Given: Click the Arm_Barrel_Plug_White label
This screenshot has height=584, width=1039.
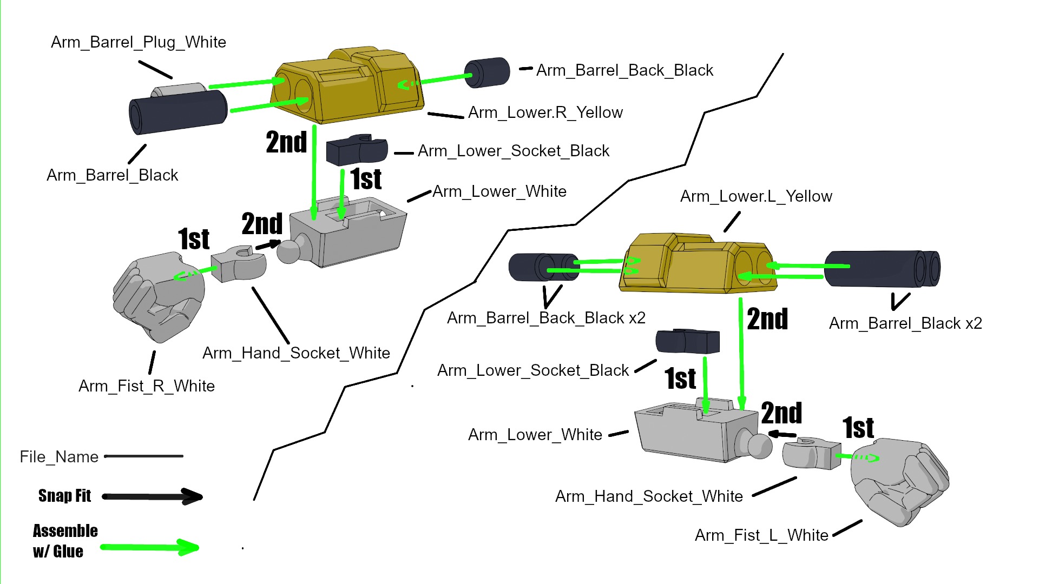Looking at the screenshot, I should click(138, 42).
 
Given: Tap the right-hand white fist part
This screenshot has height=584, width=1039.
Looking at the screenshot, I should click(159, 297).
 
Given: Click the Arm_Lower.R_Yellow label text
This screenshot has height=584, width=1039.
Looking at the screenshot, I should click(545, 112).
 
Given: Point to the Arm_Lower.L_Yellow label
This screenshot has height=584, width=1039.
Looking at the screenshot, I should click(755, 196).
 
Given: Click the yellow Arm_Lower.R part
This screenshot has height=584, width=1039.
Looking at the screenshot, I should click(346, 87).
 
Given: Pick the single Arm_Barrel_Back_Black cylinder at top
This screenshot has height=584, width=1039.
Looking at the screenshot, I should click(487, 72).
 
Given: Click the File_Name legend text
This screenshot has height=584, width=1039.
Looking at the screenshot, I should click(59, 457).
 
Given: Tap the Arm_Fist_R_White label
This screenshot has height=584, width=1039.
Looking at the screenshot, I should click(146, 386).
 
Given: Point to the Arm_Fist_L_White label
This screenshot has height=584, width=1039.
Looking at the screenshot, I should click(761, 535).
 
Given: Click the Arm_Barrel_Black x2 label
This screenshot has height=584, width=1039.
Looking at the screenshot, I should click(905, 323).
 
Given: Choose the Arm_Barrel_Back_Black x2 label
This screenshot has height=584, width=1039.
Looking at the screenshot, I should click(546, 318).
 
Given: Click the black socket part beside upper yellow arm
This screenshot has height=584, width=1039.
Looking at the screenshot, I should click(357, 150).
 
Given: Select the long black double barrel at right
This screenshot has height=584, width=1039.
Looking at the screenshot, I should click(882, 269).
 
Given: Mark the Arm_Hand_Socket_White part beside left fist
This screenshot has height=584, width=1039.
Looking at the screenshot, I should click(239, 263).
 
